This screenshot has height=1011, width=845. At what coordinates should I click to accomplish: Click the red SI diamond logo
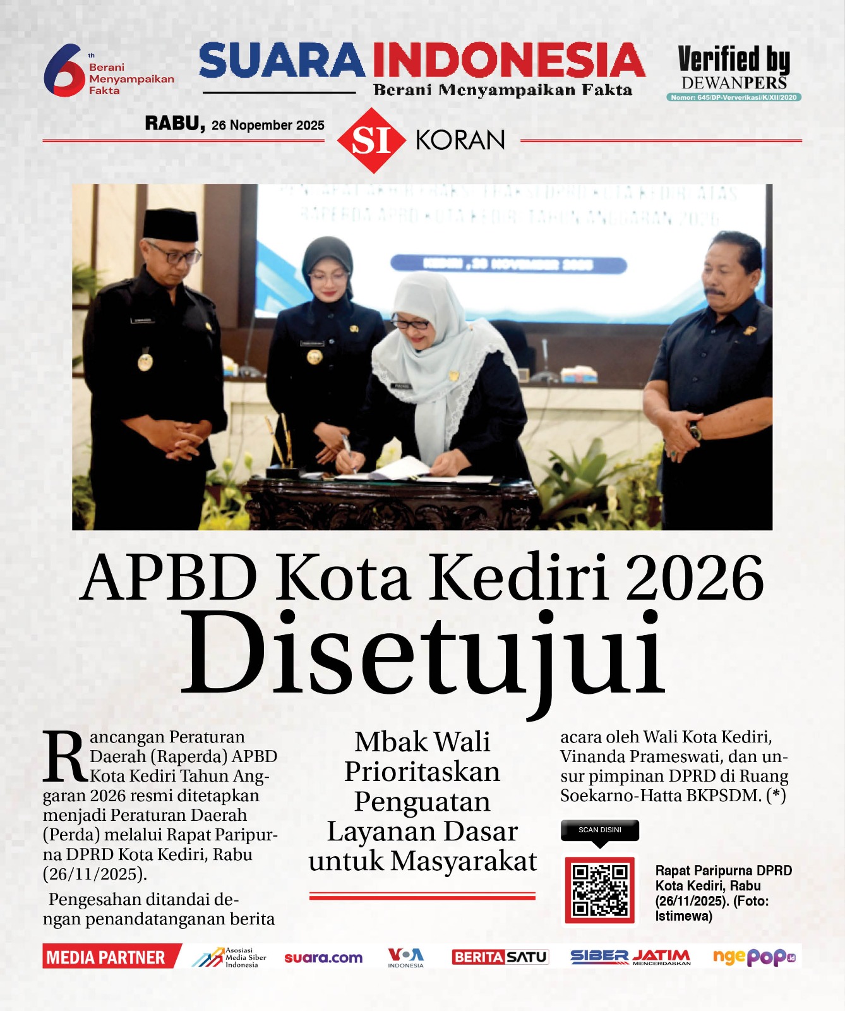(371, 140)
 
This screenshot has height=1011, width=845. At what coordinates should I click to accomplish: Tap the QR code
(599, 890)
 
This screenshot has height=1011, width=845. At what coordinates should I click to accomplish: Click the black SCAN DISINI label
(599, 830)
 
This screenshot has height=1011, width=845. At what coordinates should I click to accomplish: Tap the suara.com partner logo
(323, 957)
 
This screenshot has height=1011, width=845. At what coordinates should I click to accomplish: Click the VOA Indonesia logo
(405, 957)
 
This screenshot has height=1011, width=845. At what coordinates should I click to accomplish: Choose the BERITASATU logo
(500, 957)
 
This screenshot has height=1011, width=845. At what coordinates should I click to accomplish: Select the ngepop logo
(753, 957)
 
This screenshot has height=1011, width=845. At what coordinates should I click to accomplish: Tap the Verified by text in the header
(733, 60)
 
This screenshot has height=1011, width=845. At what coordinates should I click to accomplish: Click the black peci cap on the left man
(170, 224)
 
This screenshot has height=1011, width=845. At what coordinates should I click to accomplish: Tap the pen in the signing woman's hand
(347, 446)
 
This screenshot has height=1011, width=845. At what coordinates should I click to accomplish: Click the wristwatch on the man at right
(695, 432)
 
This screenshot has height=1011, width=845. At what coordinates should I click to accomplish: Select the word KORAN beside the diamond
(460, 140)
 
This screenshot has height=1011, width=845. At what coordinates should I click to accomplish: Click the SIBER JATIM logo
(630, 957)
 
